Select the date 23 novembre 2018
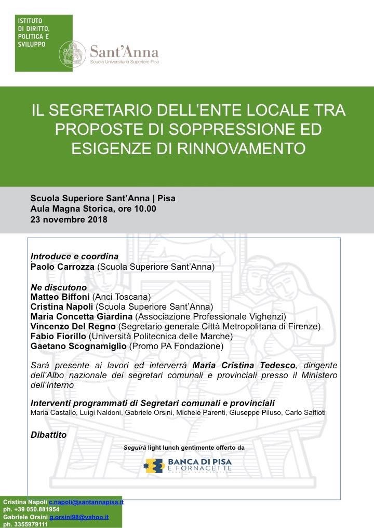pyautogui.click(x=69, y=219)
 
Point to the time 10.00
pyautogui.click(x=145, y=209)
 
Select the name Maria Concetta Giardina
pyautogui.click(x=82, y=316)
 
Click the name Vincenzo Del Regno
pyautogui.click(x=73, y=326)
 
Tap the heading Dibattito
pyautogui.click(x=49, y=435)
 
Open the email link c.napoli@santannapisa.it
pyautogui.click(x=86, y=502)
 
